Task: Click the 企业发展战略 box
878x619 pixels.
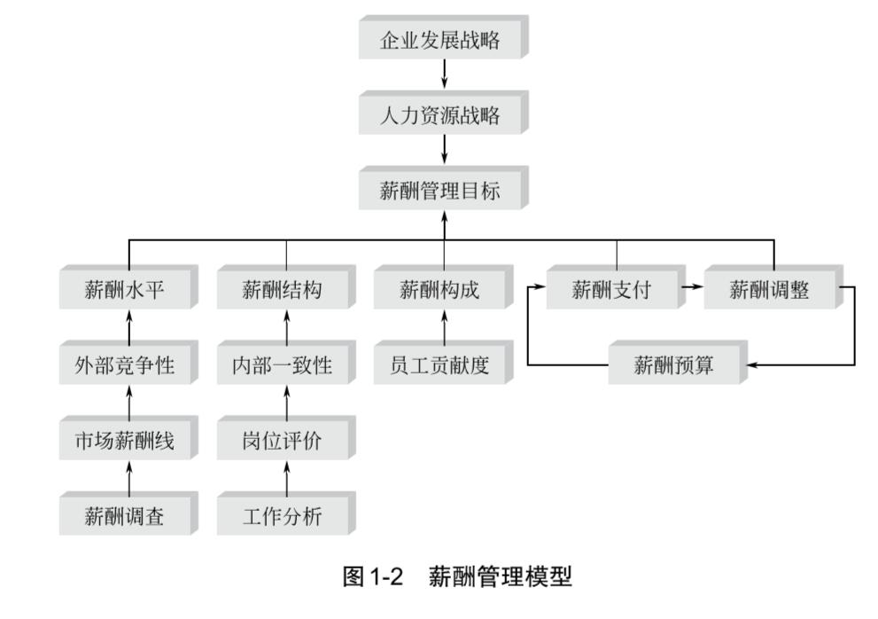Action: pyautogui.click(x=440, y=41)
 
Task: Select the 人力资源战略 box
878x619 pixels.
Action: pyautogui.click(x=440, y=116)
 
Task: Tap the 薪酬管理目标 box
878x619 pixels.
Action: pyautogui.click(x=440, y=192)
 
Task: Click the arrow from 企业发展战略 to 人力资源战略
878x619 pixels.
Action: pyautogui.click(x=444, y=76)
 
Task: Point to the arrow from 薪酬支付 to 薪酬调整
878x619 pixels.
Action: pyautogui.click(x=692, y=287)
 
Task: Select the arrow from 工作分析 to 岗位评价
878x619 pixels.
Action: pyautogui.click(x=286, y=480)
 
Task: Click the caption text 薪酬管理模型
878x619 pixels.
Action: pyautogui.click(x=501, y=578)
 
